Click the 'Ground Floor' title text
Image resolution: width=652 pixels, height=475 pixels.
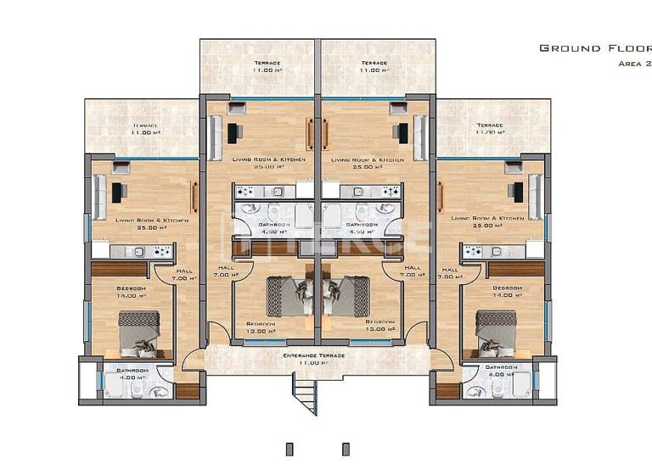pyautogui.click(x=594, y=48)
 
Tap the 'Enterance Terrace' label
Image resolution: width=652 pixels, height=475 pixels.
pyautogui.click(x=314, y=359)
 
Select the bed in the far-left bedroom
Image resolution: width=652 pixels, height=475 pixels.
pyautogui.click(x=138, y=332)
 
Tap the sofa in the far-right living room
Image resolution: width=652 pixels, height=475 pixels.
pyautogui.click(x=534, y=197)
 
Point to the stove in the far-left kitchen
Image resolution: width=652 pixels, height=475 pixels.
pyautogui.click(x=160, y=251)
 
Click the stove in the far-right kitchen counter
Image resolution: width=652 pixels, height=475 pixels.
pyautogui.click(x=473, y=251)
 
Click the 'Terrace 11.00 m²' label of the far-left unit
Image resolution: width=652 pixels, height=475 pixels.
pyautogui.click(x=145, y=129)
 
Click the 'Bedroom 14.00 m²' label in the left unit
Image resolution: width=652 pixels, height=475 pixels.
pyautogui.click(x=131, y=293)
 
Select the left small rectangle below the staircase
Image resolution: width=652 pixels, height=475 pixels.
pyautogui.click(x=289, y=449)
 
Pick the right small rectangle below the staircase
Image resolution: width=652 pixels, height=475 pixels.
pyautogui.click(x=345, y=449)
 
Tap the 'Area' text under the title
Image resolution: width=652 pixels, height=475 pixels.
pyautogui.click(x=632, y=64)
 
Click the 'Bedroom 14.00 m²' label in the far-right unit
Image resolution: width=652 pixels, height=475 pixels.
pyautogui.click(x=507, y=293)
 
